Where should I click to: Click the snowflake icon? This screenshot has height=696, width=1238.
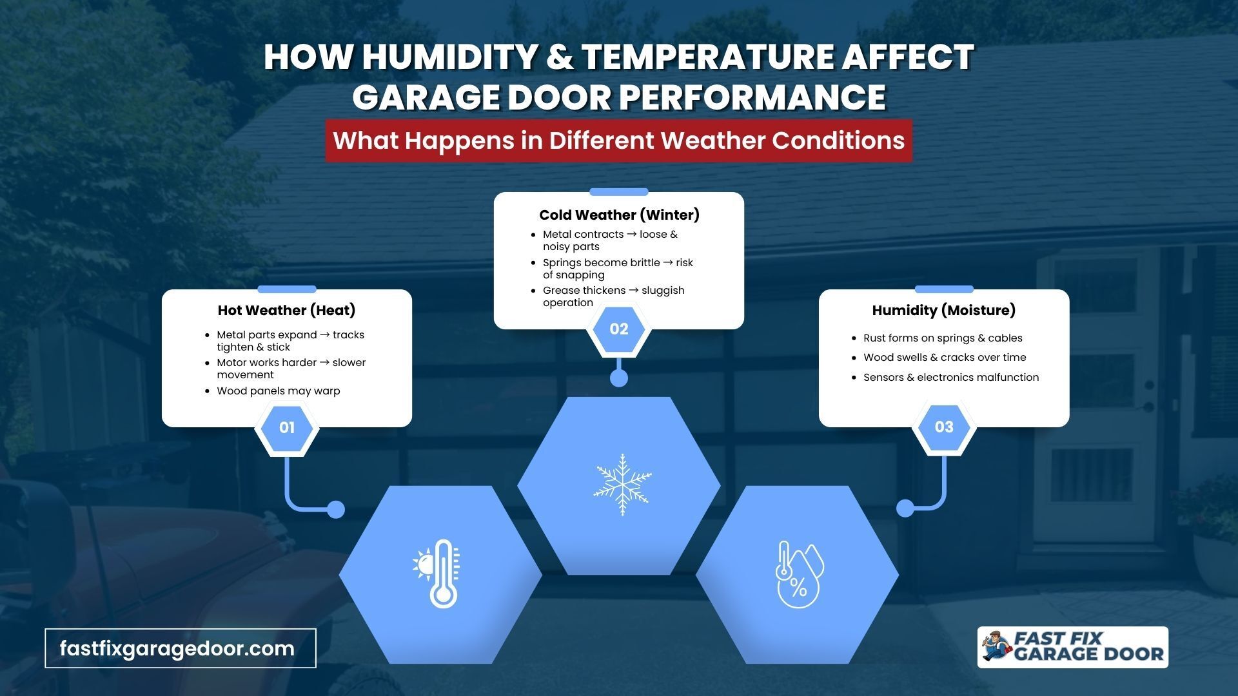coord(622,485)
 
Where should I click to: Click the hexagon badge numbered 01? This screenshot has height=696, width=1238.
coord(287,427)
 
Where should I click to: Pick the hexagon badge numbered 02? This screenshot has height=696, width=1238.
coord(619,329)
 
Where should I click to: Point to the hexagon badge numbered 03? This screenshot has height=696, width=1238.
coord(944,427)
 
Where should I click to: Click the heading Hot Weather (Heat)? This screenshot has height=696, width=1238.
coord(287,311)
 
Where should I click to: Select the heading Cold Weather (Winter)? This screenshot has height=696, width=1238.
coord(619,215)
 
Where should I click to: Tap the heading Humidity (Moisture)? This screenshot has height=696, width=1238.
coord(944,311)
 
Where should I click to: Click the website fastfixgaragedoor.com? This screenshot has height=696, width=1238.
coord(177,648)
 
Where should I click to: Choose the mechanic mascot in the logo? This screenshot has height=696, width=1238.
coord(997,647)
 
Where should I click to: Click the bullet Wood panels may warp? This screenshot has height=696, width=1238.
coord(279,391)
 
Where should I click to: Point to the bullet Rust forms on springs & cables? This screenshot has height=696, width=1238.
coord(943,338)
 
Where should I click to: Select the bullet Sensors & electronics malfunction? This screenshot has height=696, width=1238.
coord(951,378)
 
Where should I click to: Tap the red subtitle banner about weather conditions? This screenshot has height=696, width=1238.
coord(619,140)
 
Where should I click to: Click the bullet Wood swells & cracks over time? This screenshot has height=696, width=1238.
coord(945,358)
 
